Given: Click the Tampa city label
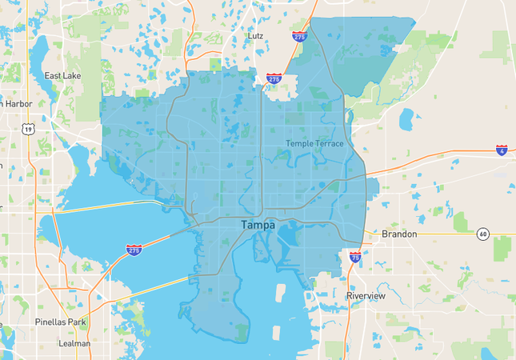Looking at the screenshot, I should tap(258, 226).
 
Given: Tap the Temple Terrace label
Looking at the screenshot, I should tap(314, 144).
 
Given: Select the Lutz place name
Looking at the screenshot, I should tap(255, 36).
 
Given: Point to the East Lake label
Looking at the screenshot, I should tap(63, 76).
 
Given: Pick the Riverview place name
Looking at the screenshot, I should tap(366, 296).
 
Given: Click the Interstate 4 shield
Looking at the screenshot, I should tap(502, 150).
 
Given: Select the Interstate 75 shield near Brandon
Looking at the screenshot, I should tap(355, 258).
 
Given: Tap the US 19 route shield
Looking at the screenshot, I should tap(29, 129).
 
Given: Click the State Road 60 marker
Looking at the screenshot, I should tap(483, 234).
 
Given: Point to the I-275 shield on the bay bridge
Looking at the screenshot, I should tap(134, 250).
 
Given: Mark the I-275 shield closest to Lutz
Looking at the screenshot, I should tap(274, 79).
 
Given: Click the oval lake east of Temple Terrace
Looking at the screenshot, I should tap(406, 119).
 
